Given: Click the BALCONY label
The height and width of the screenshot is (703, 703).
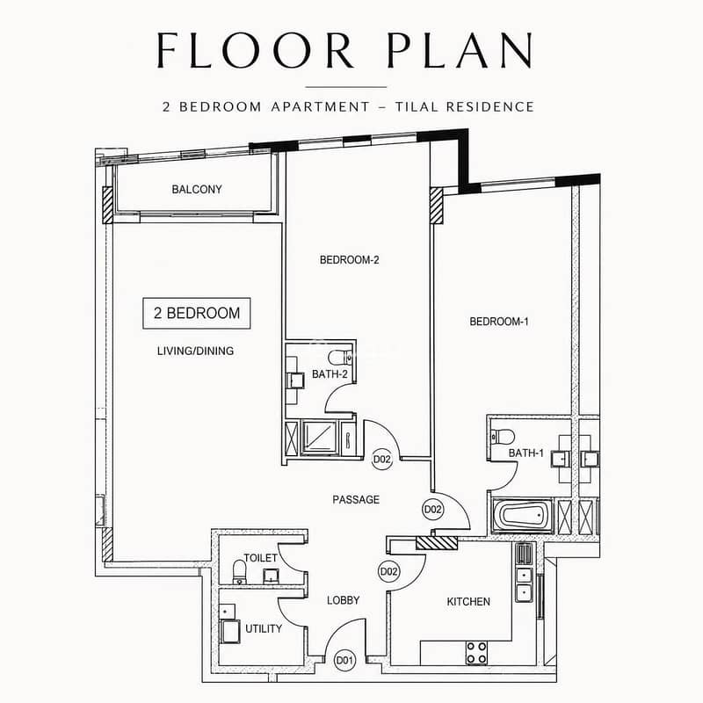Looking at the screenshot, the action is (x=197, y=189).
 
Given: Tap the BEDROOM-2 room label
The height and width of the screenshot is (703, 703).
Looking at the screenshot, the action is (x=349, y=259).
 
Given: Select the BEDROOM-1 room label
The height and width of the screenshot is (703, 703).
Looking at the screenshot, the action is (x=499, y=322).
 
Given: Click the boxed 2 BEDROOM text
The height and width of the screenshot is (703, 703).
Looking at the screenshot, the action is (x=197, y=313).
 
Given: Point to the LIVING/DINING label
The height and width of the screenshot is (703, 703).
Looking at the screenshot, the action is (x=195, y=351).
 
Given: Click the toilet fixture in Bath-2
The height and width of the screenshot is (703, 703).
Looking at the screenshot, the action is (x=340, y=358).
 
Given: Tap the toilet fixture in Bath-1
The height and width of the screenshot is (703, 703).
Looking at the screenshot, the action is (x=503, y=436).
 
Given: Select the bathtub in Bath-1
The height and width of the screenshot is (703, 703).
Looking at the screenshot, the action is (x=523, y=516).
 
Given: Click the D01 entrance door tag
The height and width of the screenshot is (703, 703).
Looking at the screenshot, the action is (x=344, y=660).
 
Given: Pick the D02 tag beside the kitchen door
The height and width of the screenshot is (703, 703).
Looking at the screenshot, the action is (x=388, y=572).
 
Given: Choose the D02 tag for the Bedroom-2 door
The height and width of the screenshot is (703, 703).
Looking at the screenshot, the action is (x=382, y=459).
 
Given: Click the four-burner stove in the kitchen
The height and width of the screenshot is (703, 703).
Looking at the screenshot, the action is (x=476, y=653).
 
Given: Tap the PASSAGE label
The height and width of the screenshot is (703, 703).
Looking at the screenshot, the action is (x=356, y=499).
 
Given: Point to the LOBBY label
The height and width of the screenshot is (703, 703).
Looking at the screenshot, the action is (x=344, y=600).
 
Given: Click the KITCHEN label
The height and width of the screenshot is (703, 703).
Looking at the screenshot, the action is (x=468, y=601).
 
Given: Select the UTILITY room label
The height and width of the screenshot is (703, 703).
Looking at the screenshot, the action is (x=264, y=628).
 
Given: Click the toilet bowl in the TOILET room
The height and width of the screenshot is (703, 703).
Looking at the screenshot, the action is (x=240, y=572).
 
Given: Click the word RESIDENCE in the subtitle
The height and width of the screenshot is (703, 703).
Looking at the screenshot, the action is (x=490, y=106).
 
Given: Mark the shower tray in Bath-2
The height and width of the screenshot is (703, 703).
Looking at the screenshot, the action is (x=319, y=438).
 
